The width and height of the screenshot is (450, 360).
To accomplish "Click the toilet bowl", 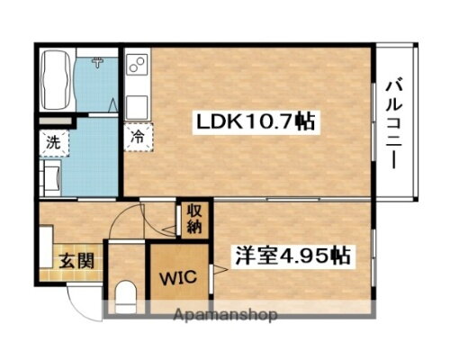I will [125, 296].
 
